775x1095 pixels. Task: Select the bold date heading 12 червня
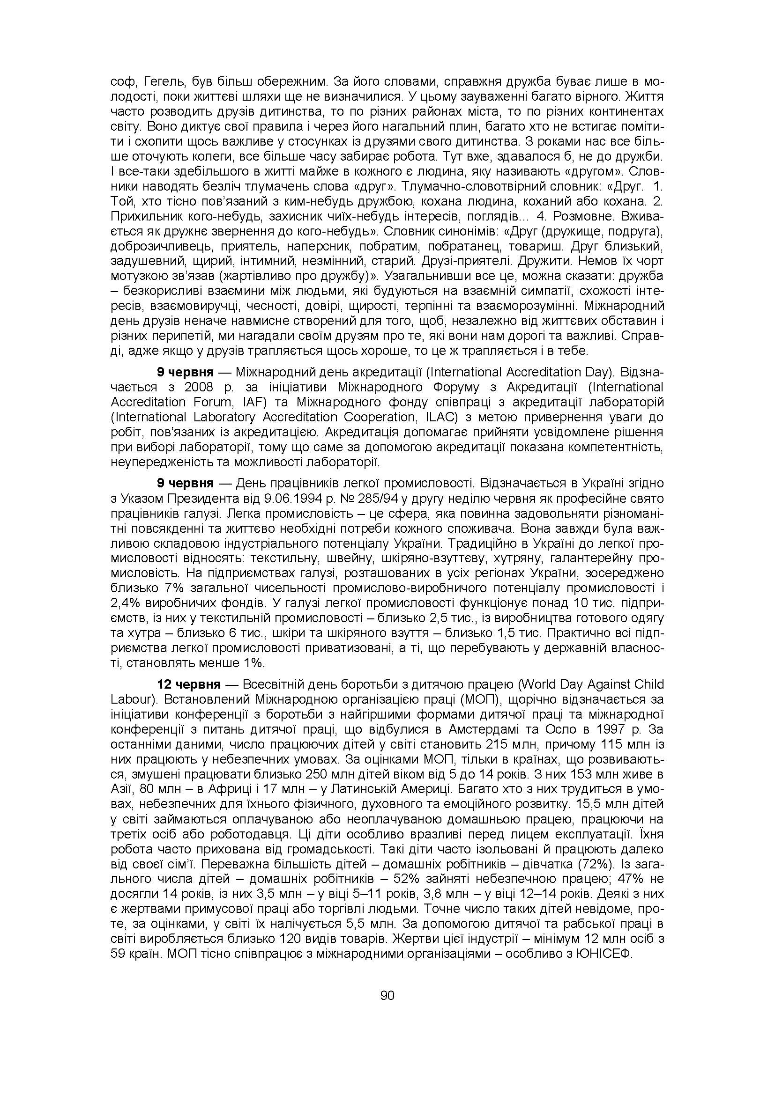pos(189,685)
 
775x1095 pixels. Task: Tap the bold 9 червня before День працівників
pos(185,483)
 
